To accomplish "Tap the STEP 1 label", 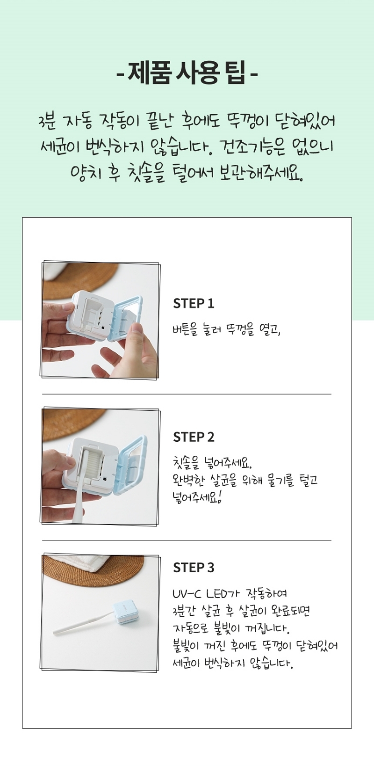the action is [x=194, y=303].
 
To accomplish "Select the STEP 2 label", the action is [x=194, y=437].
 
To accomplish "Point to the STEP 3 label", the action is [x=194, y=568].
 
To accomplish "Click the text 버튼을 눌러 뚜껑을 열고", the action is [x=227, y=331].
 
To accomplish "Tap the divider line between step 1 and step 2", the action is [x=187, y=394].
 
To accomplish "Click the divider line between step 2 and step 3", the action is [x=187, y=540].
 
